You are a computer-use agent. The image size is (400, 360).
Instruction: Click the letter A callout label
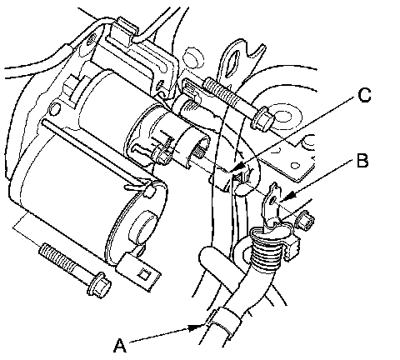pyautogui.click(x=120, y=345)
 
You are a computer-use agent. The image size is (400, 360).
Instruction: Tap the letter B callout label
pyautogui.click(x=362, y=161)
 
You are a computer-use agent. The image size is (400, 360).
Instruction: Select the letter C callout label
pyautogui.click(x=365, y=95)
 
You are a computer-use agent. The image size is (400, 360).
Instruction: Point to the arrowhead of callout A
pyautogui.click(x=195, y=327)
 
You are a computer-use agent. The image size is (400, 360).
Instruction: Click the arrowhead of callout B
pyautogui.click(x=287, y=197)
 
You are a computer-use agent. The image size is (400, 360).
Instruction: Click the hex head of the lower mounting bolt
pyautogui.click(x=99, y=285)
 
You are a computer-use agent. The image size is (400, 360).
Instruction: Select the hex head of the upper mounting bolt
pyautogui.click(x=262, y=118)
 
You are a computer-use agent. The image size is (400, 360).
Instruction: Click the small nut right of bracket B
pyautogui.click(x=305, y=220)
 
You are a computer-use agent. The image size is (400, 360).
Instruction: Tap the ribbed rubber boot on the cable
pyautogui.click(x=265, y=250)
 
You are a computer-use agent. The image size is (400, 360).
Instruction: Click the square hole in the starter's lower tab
pyautogui.click(x=144, y=274)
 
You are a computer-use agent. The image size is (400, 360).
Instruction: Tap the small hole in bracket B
pyautogui.click(x=274, y=199)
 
